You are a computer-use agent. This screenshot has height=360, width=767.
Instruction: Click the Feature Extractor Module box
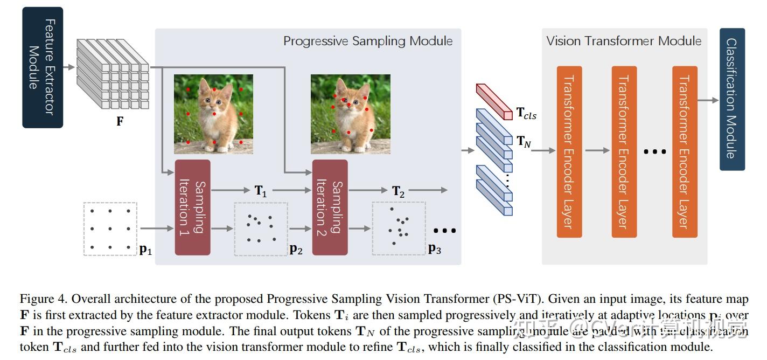pos(42,67)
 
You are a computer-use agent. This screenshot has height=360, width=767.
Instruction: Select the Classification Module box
pos(732,99)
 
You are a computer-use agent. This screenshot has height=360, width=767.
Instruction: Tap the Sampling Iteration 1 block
pos(192,207)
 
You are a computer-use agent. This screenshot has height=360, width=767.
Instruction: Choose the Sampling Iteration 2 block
pos(330,207)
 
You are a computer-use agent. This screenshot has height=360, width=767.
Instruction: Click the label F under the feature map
pos(120,121)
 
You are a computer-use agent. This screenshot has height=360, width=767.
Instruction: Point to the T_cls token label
pos(526,114)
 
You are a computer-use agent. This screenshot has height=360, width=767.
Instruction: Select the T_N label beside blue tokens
pos(524,141)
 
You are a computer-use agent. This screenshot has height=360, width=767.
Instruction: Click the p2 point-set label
pos(296,249)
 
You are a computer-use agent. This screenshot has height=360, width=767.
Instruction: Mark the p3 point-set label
pos(434,249)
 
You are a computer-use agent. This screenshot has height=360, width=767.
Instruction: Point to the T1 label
pos(261,191)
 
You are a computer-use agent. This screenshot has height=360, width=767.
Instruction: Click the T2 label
pos(398,191)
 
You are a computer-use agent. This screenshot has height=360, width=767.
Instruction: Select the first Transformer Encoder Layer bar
pos(569,151)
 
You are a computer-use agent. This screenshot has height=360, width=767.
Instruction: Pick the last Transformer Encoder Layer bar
pos(685,151)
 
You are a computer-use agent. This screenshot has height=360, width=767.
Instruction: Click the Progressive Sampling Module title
pos(368,41)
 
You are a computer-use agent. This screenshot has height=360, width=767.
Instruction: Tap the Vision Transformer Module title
pos(624,41)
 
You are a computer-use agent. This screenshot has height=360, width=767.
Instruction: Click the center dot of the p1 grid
pos(110,229)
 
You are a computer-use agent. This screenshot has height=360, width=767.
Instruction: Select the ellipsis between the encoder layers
pos(655,152)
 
